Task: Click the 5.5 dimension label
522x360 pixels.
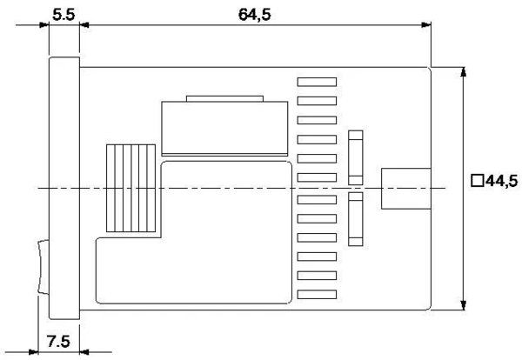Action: click(64, 15)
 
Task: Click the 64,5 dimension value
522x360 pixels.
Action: click(255, 15)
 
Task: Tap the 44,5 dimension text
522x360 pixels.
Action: click(502, 182)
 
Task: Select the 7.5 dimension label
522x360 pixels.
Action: click(58, 342)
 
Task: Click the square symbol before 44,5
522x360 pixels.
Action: click(478, 181)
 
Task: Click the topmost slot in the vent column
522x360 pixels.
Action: click(317, 82)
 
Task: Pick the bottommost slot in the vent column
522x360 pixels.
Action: click(317, 295)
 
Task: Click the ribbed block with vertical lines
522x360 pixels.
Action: click(130, 188)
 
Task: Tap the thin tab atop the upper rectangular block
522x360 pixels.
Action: click(224, 98)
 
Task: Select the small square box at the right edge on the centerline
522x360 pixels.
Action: click(406, 189)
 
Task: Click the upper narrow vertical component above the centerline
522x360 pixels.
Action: click(356, 157)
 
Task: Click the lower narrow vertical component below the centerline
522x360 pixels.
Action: click(356, 219)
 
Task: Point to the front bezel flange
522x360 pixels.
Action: click(64, 189)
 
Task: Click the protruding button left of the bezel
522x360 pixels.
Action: click(43, 267)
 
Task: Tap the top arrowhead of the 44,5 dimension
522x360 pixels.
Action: click(463, 71)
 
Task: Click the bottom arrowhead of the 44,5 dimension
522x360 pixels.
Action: click(463, 305)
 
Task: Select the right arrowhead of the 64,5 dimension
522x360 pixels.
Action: click(426, 24)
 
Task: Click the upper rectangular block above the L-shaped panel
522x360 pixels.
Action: click(224, 129)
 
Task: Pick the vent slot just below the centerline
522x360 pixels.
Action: click(317, 200)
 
